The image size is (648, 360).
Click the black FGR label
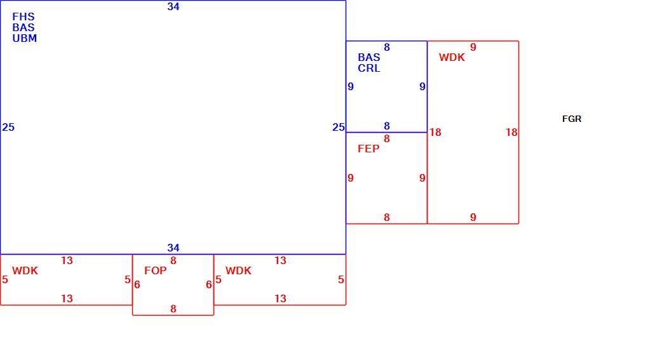point(572,119)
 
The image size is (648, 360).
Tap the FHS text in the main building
point(24,17)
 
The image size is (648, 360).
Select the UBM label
point(24,38)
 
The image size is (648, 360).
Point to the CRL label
point(368,68)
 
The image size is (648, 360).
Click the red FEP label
point(368,149)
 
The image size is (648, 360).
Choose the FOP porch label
point(156,271)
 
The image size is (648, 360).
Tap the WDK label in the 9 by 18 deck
point(452,57)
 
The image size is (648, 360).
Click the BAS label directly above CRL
point(368,57)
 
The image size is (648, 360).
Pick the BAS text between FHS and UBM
point(24,28)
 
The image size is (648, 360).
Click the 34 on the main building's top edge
point(173,6)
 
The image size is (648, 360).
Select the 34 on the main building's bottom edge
point(173,248)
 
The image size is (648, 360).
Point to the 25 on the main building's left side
point(8,127)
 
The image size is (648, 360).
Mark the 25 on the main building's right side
point(339,127)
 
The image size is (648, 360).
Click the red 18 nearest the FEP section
point(435,132)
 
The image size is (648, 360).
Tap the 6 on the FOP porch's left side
point(137,284)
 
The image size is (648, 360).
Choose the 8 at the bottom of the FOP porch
point(173,309)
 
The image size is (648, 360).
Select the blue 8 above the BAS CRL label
point(387,47)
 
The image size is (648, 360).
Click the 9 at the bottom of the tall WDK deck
point(473,217)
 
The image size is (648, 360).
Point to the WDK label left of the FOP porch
point(25,271)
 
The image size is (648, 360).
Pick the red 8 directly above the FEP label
point(387,138)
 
